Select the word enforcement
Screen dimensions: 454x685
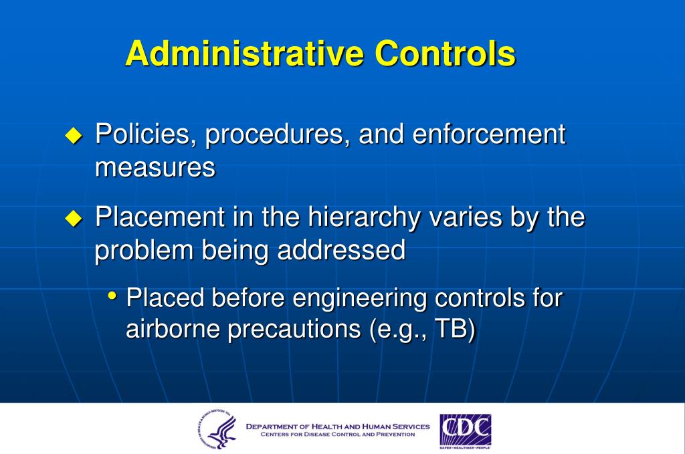point(489,135)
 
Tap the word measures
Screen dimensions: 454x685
point(155,168)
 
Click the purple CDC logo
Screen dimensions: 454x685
point(465,430)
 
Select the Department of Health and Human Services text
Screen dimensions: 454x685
point(338,426)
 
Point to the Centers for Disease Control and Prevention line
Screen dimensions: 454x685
point(338,435)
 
